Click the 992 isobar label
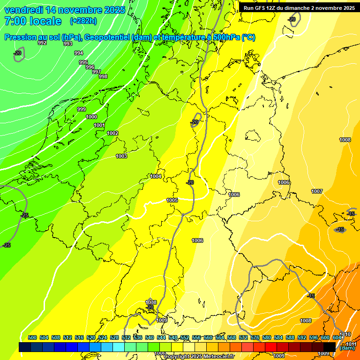click(42, 43)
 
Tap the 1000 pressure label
click(91, 117)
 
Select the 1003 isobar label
click(121, 156)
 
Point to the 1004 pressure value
click(156, 176)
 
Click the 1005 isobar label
click(172, 200)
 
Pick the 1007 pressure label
click(317, 191)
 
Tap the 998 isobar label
click(103, 76)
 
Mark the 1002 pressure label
click(112, 133)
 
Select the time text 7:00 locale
click(33, 21)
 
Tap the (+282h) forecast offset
click(83, 21)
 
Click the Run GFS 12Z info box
click(299, 8)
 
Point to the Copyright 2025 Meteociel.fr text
click(199, 356)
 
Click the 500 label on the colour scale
click(32, 337)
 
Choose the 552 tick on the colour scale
click(185, 337)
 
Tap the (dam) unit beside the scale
click(347, 348)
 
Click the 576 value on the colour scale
click(255, 337)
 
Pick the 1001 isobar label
click(99, 125)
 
